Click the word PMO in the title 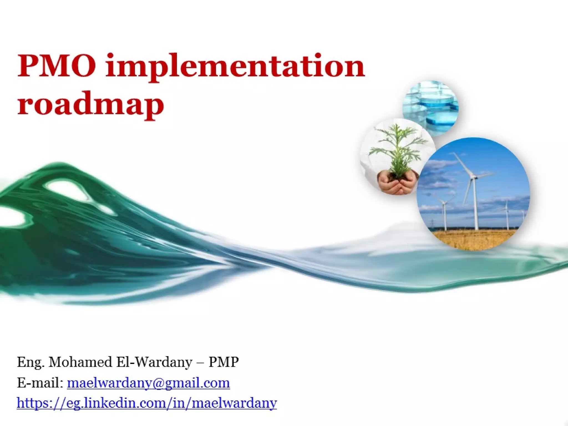57,66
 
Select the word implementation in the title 235,67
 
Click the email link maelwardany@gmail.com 148,383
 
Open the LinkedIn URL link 147,403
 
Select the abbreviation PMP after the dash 224,362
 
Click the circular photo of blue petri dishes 431,107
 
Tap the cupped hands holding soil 398,183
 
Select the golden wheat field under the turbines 474,239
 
